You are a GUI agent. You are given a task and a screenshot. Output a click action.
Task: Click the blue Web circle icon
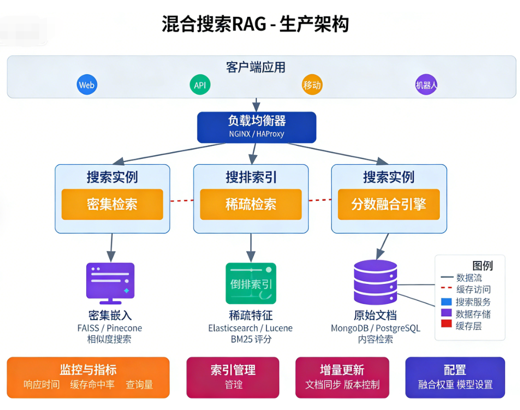[87, 85]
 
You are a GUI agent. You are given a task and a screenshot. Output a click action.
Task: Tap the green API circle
[200, 85]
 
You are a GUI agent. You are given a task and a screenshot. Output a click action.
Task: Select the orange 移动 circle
[312, 85]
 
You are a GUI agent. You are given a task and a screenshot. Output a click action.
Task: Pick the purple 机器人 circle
[426, 85]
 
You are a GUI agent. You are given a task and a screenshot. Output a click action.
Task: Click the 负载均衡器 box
[256, 127]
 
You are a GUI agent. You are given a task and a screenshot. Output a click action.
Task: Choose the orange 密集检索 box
[112, 204]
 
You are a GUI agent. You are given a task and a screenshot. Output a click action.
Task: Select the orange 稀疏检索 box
[251, 204]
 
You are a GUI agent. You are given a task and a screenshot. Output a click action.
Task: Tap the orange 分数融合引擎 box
[388, 204]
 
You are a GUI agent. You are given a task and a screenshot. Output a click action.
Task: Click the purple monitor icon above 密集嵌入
[110, 283]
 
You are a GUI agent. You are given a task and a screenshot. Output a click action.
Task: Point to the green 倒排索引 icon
[251, 283]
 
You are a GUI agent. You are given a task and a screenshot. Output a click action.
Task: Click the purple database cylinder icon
[375, 282]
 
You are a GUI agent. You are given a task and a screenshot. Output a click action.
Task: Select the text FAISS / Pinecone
[109, 328]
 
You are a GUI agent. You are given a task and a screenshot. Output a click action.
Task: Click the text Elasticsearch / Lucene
[250, 328]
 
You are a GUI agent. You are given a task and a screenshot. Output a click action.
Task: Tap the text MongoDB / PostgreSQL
[375, 328]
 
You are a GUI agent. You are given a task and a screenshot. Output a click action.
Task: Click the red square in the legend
[446, 324]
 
